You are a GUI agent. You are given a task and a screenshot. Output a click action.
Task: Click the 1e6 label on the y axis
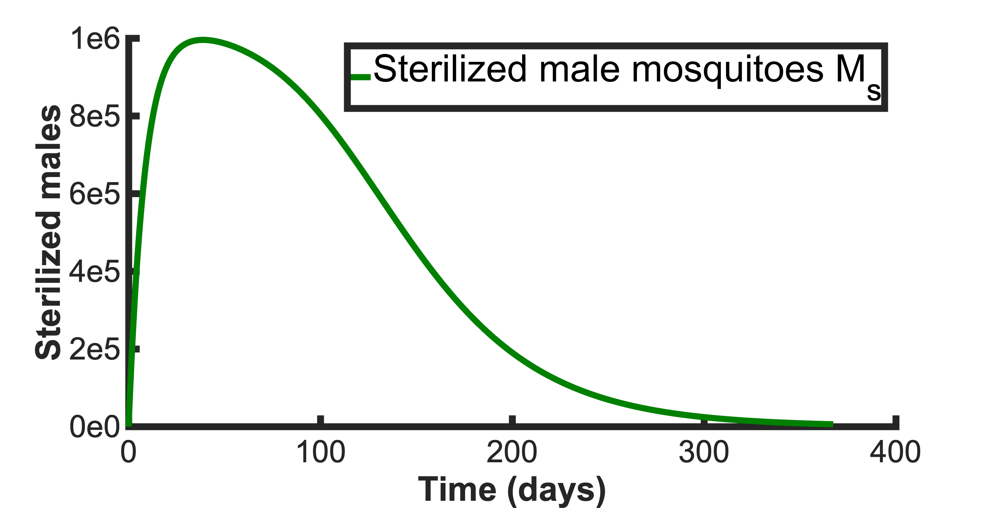(95, 39)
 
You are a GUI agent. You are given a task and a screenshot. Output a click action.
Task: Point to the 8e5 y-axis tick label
(95, 117)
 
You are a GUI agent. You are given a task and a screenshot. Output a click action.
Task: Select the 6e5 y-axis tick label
(95, 194)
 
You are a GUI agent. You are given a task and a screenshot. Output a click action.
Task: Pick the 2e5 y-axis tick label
(95, 349)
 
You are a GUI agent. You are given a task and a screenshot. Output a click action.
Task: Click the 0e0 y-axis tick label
(95, 427)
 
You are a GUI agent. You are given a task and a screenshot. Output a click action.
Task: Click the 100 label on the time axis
(320, 452)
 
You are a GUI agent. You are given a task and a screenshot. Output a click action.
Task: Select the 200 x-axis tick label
(512, 452)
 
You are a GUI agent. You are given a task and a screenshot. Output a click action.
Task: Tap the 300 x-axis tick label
(704, 452)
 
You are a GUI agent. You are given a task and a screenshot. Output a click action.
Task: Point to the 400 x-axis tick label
(895, 452)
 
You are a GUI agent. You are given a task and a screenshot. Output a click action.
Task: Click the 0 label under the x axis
(128, 452)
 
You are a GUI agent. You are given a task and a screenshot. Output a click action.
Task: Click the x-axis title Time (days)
(512, 489)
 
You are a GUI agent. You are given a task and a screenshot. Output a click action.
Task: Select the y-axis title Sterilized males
(48, 232)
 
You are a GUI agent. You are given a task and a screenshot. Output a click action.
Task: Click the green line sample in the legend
(361, 77)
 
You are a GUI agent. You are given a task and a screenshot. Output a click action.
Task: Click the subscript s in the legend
(873, 92)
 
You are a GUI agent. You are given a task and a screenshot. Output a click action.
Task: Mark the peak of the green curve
(202, 40)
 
